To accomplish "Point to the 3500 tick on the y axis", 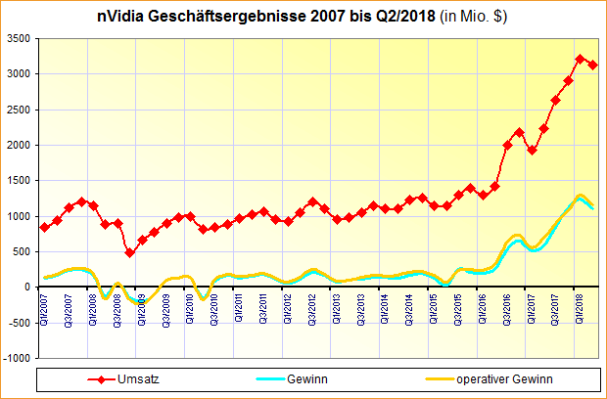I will click(17, 38).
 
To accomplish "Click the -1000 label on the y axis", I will click(16, 359).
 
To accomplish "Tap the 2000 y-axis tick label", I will click(17, 145).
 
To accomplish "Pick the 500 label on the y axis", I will click(20, 251).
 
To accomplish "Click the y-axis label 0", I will click(26, 288).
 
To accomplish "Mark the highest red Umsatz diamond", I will click(581, 59).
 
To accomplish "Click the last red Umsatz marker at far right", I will click(592, 65).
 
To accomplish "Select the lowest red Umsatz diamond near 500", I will click(130, 252).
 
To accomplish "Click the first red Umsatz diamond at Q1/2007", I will click(45, 227).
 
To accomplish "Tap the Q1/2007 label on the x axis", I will click(45, 305).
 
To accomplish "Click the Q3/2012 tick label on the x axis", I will click(312, 305).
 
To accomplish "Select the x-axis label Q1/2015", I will click(435, 305).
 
